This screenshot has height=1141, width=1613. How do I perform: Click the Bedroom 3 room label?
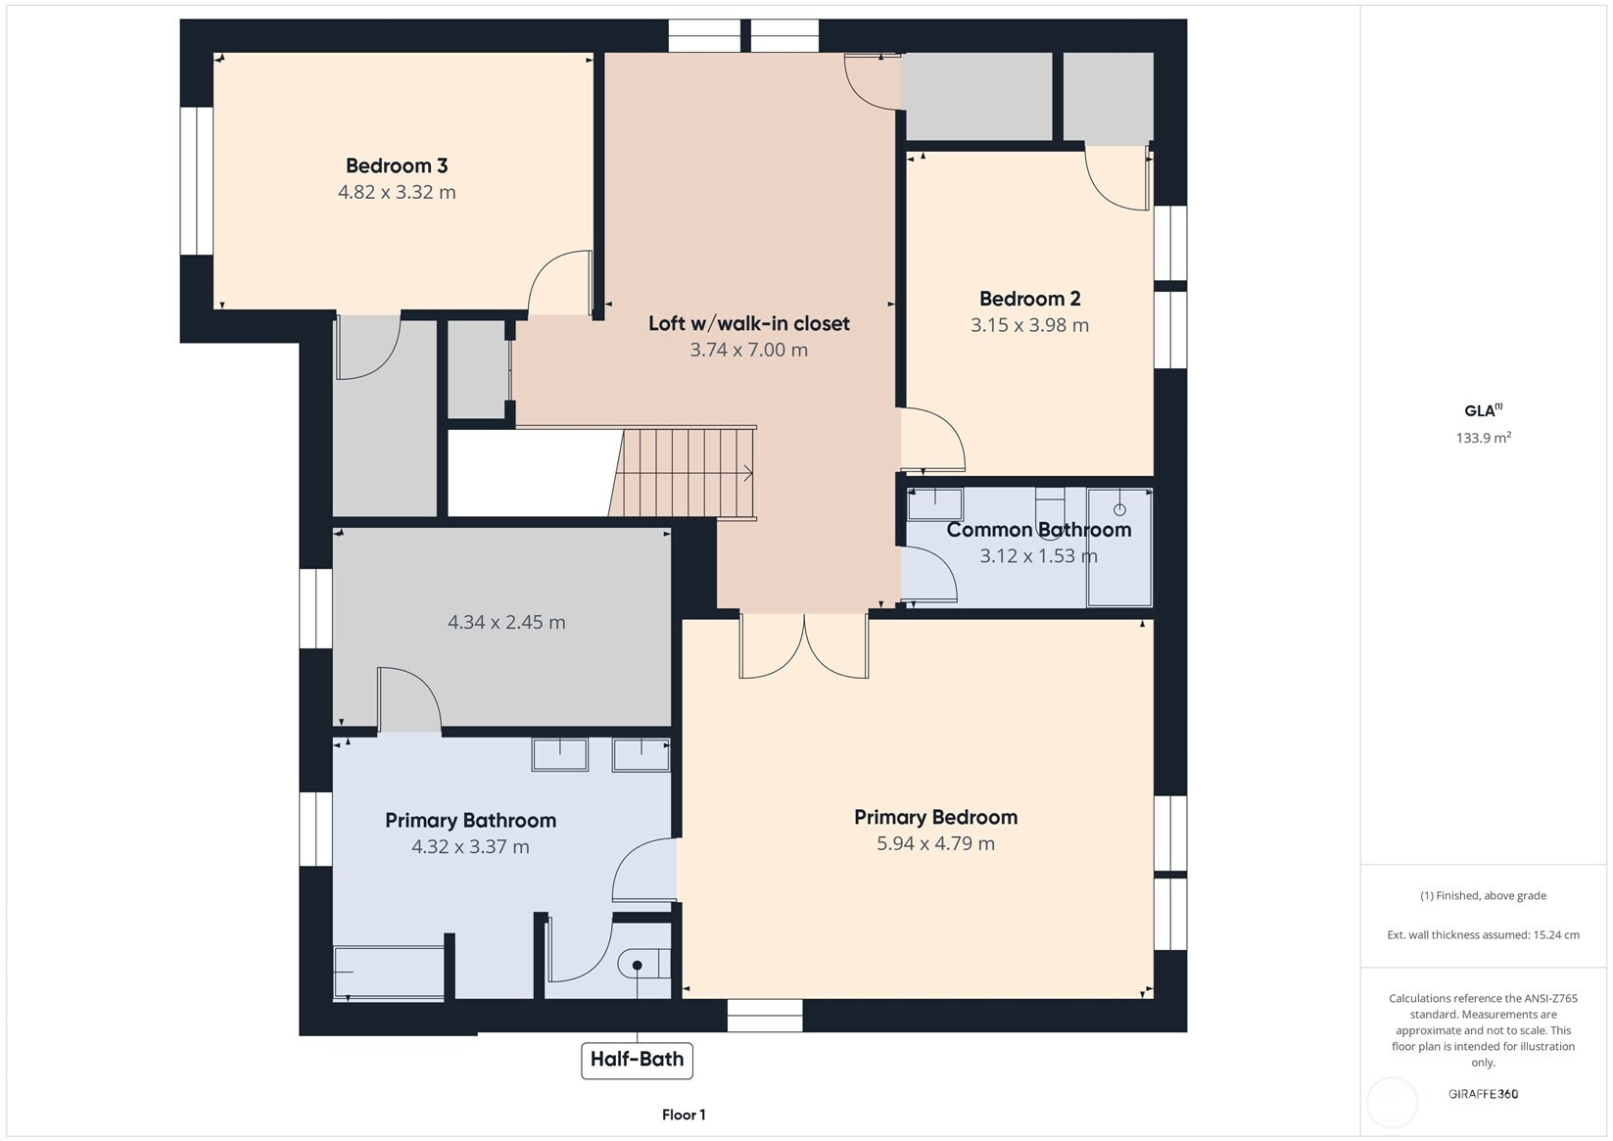(397, 166)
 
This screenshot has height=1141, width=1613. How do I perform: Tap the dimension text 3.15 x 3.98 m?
(1029, 325)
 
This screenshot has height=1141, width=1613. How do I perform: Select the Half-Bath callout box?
(638, 1060)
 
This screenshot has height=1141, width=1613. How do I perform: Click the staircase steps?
(683, 472)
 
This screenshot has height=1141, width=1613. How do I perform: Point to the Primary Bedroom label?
(936, 817)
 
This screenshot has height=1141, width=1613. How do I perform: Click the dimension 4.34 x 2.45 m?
(507, 622)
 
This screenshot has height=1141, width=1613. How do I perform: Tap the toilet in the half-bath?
(643, 964)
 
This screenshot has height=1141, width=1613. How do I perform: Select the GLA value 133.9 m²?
(1484, 437)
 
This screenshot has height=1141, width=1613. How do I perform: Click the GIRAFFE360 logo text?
(1484, 1093)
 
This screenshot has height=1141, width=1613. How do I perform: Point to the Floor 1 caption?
(684, 1115)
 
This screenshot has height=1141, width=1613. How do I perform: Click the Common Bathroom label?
(1038, 530)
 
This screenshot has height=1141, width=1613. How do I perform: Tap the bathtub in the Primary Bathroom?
(389, 973)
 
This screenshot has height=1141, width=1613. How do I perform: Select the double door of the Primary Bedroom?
(804, 645)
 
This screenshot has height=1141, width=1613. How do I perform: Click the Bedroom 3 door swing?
(560, 282)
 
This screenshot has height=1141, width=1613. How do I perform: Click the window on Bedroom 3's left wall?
(196, 181)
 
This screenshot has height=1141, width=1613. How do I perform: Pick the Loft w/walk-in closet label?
(749, 323)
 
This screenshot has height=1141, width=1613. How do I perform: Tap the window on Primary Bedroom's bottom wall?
(765, 1015)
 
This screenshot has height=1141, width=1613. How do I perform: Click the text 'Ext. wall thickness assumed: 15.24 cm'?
(1484, 935)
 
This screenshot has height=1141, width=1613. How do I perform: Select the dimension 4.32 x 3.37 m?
(470, 846)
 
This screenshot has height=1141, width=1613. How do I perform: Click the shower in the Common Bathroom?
(1119, 547)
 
